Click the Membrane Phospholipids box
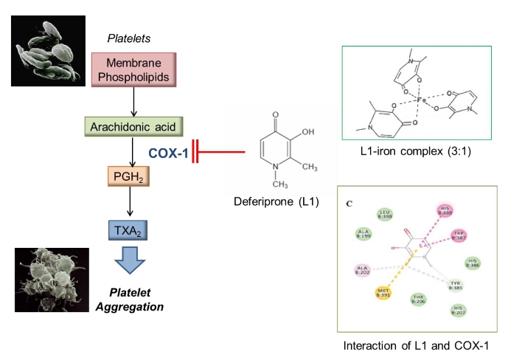tap(133, 69)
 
